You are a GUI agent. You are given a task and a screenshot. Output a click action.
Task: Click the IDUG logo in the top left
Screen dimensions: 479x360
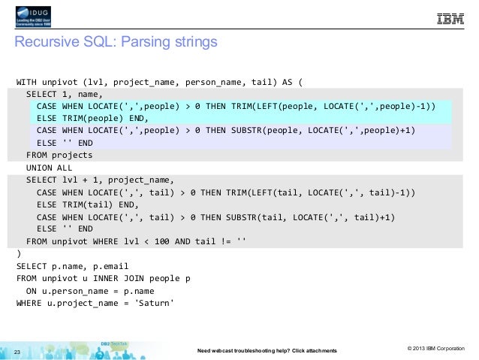point(38,17)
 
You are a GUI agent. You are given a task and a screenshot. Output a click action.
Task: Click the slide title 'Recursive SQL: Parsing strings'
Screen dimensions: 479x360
point(116,42)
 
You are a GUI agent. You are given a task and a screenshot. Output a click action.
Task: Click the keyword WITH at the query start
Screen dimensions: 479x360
point(29,82)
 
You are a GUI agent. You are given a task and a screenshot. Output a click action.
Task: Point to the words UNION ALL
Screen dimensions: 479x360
point(49,168)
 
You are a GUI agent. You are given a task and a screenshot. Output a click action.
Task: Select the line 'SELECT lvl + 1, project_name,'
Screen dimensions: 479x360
point(100,180)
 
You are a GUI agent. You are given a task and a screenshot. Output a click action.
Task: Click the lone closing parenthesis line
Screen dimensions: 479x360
point(19,253)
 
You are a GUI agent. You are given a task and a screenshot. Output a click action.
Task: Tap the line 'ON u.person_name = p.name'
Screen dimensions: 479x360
point(92,290)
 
